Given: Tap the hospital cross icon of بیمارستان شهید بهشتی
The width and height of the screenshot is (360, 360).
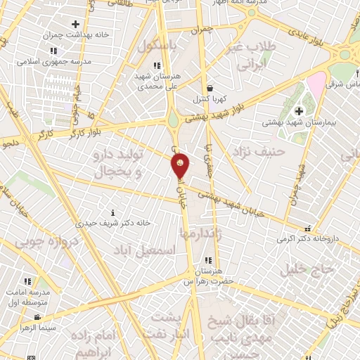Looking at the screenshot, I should [x=299, y=111].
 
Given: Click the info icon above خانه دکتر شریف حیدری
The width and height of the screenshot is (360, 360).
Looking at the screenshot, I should [x=113, y=212].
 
